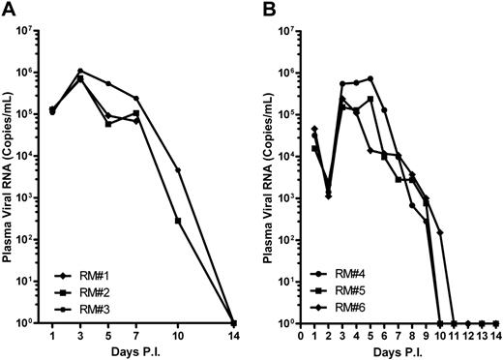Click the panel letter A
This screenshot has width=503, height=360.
(7, 9)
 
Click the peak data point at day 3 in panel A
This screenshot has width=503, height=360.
(80, 71)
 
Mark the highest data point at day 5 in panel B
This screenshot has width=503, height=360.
(370, 78)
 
